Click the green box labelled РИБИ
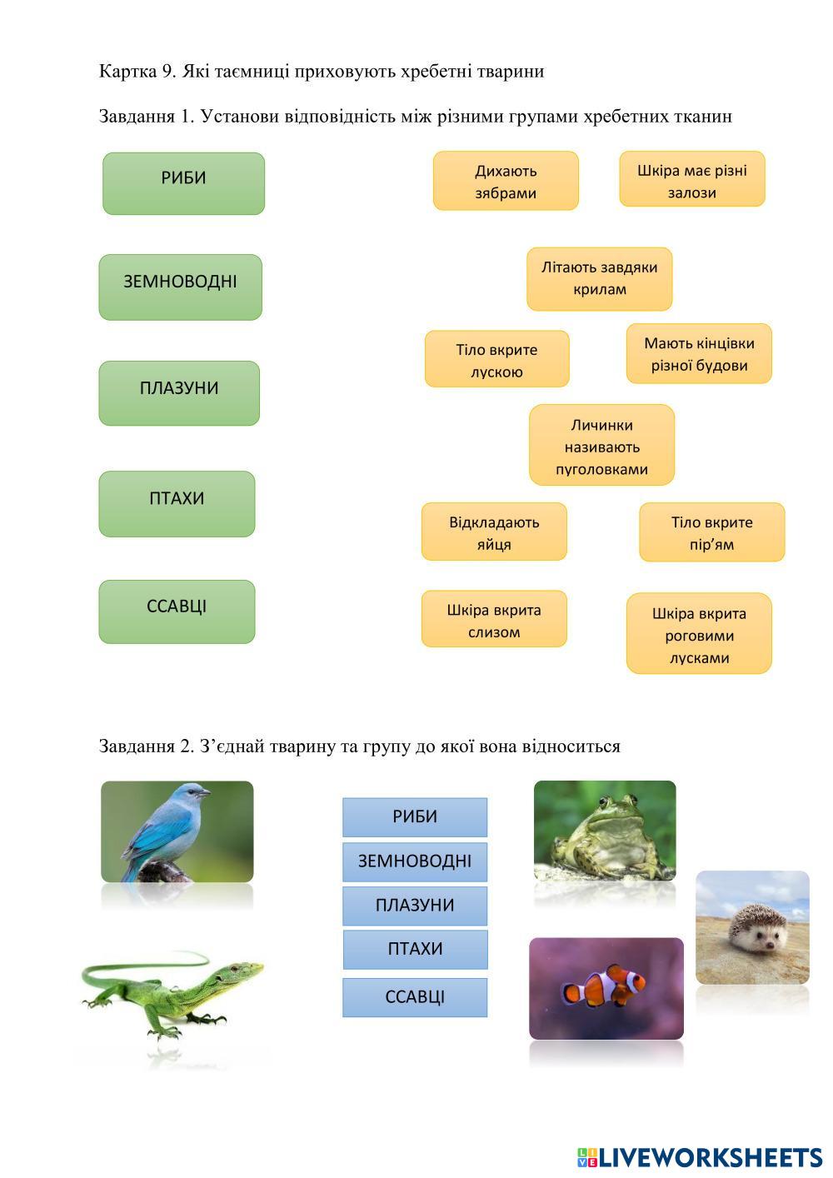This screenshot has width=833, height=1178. pyautogui.click(x=183, y=183)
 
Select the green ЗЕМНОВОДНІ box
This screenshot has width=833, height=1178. pyautogui.click(x=181, y=287)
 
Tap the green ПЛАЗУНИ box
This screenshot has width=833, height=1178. pyautogui.click(x=179, y=393)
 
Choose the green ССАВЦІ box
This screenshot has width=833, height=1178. pyautogui.click(x=177, y=611)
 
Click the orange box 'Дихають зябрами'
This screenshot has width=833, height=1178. pyautogui.click(x=506, y=181)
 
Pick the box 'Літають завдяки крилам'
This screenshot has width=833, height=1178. pyautogui.click(x=600, y=279)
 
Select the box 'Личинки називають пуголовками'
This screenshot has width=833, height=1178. pyautogui.click(x=601, y=445)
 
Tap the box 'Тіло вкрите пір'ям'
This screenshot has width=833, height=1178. pyautogui.click(x=712, y=532)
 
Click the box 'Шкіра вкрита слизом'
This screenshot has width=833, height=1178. pyautogui.click(x=494, y=619)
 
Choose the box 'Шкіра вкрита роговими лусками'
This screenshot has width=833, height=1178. pyautogui.click(x=699, y=633)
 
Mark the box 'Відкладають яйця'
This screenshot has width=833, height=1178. pyautogui.click(x=494, y=532)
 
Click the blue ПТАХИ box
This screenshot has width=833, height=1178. pyautogui.click(x=416, y=948)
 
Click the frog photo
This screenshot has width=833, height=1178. pyautogui.click(x=605, y=831)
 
